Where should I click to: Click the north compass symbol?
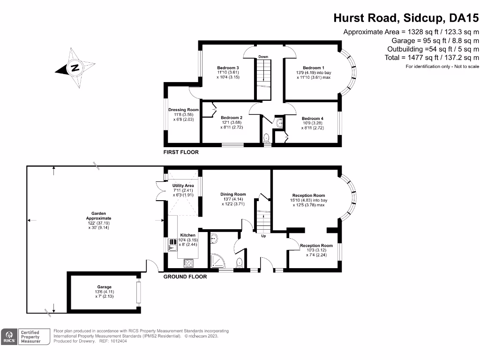pyautogui.click(x=75, y=67)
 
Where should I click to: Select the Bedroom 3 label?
pyautogui.click(x=228, y=67)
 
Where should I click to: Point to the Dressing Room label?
pyautogui.click(x=180, y=110)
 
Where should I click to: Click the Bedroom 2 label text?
pyautogui.click(x=232, y=118)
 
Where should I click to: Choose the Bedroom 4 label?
pyautogui.click(x=313, y=119)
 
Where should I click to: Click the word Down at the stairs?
pyautogui.click(x=263, y=57)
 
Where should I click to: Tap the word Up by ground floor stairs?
pyautogui.click(x=264, y=235)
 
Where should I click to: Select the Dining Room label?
pyautogui.click(x=233, y=194)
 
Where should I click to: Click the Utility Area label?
pyautogui.click(x=183, y=186)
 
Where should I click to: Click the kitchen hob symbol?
pyautogui.click(x=188, y=263)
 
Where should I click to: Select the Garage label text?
pyautogui.click(x=105, y=287)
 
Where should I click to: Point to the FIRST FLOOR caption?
pyautogui.click(x=181, y=152)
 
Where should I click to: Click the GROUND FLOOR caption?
pyautogui.click(x=185, y=277)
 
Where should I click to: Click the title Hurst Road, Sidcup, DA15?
pyautogui.click(x=406, y=18)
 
